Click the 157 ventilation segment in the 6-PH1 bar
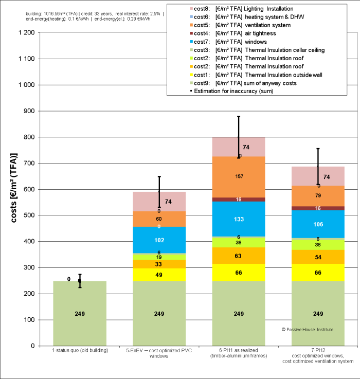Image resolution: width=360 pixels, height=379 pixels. pos(239,177)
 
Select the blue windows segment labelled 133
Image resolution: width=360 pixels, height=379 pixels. pos(239,205)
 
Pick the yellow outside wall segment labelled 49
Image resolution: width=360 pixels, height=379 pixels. pos(159,275)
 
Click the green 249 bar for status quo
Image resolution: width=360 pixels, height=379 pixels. pos(80,314)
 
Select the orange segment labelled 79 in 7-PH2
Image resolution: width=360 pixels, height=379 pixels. pos(318,195)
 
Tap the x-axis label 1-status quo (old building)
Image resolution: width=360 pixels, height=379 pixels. pos(80,351)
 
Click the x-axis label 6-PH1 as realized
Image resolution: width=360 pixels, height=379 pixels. pos(239,353)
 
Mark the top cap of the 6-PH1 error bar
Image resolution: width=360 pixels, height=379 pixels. pos(239,116)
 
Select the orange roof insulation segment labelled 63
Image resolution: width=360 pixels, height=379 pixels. pos(239,255)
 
